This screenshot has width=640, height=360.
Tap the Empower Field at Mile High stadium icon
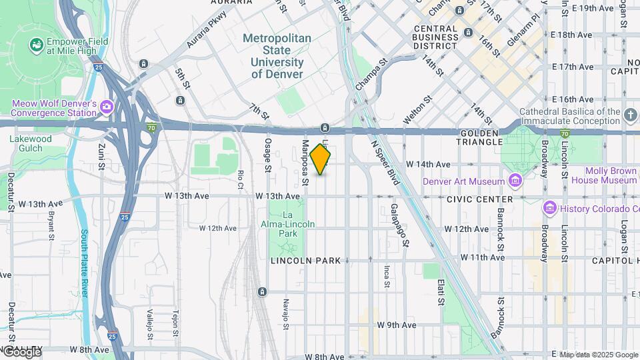[x=36, y=45]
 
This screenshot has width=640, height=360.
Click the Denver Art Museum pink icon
[x=515, y=181]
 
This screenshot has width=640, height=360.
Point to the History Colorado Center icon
[x=549, y=209]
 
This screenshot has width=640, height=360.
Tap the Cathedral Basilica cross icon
[x=631, y=117]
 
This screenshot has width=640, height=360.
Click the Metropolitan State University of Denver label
[x=277, y=57]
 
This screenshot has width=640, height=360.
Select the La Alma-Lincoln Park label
[x=288, y=225]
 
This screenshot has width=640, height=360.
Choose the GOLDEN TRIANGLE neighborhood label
[x=489, y=138]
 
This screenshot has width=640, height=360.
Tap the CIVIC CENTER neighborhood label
[x=479, y=199]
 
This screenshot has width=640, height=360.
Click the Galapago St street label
[x=399, y=225]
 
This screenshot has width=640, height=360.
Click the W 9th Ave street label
[x=397, y=325]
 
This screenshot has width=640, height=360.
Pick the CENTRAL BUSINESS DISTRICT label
[x=445, y=33]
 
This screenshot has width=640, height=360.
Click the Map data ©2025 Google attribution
[x=599, y=355]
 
